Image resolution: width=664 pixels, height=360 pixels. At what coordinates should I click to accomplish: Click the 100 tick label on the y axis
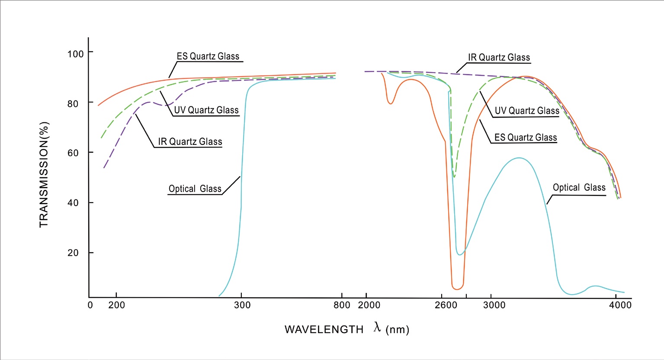(x=75, y=54)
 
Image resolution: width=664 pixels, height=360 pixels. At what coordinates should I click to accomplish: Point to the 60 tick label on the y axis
(x=73, y=153)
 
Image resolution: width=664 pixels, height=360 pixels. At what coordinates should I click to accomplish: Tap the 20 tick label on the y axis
(x=73, y=253)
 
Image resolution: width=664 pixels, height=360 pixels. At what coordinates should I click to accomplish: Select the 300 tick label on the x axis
(x=242, y=305)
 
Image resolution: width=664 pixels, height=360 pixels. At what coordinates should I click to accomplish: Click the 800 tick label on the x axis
(x=342, y=305)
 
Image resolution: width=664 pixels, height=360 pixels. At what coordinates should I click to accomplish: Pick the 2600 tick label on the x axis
(x=446, y=305)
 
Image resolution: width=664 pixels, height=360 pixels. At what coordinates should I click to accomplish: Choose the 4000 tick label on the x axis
(x=620, y=305)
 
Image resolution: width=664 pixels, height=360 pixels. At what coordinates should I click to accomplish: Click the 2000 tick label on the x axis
(x=369, y=305)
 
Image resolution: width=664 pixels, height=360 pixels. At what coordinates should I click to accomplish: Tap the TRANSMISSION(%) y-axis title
(x=44, y=174)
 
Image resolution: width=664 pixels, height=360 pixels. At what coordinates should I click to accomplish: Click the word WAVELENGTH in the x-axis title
(x=324, y=330)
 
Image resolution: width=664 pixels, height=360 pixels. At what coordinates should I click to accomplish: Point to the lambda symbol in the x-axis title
(x=377, y=328)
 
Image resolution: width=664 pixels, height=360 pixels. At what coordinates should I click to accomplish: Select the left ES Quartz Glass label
(x=208, y=56)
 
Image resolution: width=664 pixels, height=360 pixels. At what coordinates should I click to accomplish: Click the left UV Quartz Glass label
(x=206, y=110)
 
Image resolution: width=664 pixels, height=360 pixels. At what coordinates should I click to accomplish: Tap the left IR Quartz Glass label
(x=190, y=142)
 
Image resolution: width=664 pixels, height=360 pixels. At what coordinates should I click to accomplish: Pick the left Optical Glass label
(x=195, y=189)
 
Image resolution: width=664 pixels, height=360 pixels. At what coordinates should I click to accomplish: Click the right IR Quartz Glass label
(x=499, y=58)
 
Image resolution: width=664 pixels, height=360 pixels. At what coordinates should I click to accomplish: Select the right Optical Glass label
(x=579, y=187)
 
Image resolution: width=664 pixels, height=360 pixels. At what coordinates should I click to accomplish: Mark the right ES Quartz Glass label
(x=526, y=138)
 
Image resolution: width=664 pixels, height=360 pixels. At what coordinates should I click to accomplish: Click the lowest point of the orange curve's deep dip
(x=457, y=289)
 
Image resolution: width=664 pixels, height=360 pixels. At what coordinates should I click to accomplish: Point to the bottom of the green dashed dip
(x=454, y=177)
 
